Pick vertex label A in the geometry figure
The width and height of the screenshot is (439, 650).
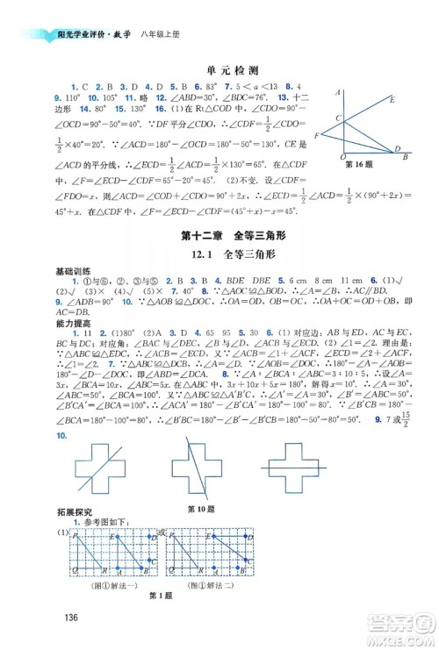[x=337, y=91]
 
